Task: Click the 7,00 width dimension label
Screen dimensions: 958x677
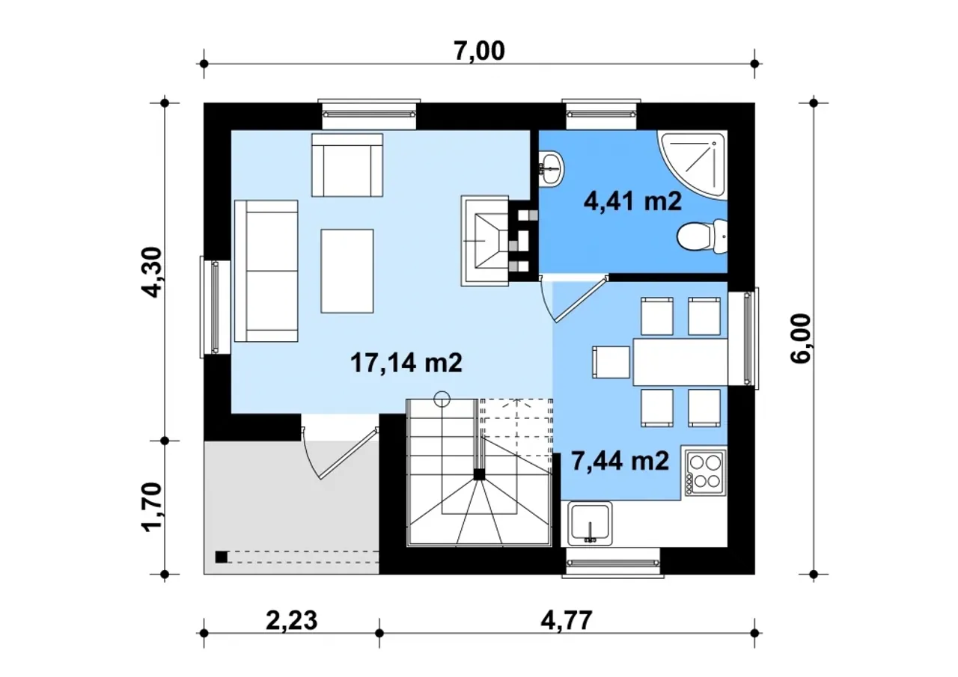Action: pyautogui.click(x=479, y=52)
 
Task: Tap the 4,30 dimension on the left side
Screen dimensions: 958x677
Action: pyautogui.click(x=152, y=272)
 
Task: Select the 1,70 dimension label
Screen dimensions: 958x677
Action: pyautogui.click(x=152, y=507)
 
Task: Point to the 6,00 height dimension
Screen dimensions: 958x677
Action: pyautogui.click(x=800, y=338)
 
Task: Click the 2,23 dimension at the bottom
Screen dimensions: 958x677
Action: pyautogui.click(x=292, y=621)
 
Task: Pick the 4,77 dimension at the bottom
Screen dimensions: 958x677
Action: pyautogui.click(x=567, y=621)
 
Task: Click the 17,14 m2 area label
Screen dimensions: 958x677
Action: pyautogui.click(x=406, y=363)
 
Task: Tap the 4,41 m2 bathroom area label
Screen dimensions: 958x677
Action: pyautogui.click(x=632, y=201)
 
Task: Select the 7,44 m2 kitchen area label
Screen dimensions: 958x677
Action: pyautogui.click(x=620, y=461)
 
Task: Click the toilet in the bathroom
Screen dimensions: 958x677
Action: pyautogui.click(x=702, y=236)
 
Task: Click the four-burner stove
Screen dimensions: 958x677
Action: pyautogui.click(x=706, y=472)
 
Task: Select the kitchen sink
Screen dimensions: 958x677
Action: pyautogui.click(x=590, y=524)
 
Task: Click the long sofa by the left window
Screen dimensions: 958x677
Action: pyautogui.click(x=266, y=271)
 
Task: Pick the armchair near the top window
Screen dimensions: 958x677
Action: pyautogui.click(x=347, y=165)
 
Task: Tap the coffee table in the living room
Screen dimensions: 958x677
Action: pyautogui.click(x=347, y=271)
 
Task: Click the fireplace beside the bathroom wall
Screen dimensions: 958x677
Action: pyautogui.click(x=484, y=241)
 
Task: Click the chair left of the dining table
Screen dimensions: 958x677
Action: pyautogui.click(x=611, y=362)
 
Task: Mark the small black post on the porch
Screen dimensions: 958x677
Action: pyautogui.click(x=221, y=557)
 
